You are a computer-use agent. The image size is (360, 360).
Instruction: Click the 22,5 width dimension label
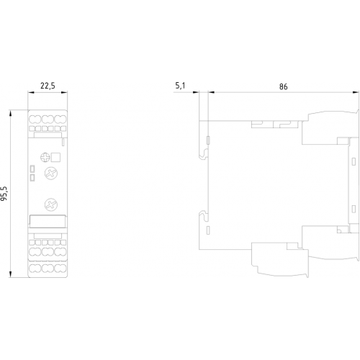click(x=48, y=86)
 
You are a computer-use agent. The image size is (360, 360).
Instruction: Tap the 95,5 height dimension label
click(x=4, y=193)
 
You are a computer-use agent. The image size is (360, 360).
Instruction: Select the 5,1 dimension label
click(x=180, y=86)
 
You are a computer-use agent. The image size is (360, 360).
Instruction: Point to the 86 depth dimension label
click(x=283, y=86)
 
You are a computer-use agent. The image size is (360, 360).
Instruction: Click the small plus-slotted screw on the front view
click(x=45, y=158)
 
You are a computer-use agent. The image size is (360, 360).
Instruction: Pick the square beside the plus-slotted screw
click(x=55, y=158)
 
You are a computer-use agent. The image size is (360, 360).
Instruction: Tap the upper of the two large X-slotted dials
click(x=51, y=174)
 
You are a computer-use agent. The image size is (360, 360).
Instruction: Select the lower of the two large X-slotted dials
click(x=51, y=204)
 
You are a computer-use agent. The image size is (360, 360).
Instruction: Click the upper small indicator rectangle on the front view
click(x=32, y=168)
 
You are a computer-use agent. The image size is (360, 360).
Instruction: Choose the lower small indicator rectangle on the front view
click(x=32, y=178)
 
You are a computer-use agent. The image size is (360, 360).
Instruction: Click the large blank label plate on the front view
click(x=48, y=221)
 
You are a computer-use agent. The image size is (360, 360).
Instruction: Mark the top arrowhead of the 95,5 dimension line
click(x=10, y=113)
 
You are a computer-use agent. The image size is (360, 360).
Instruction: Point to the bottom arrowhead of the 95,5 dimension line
click(x=10, y=274)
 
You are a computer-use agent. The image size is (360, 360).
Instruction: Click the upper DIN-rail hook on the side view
click(x=204, y=153)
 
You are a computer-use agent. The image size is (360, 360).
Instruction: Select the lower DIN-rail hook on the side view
click(x=204, y=215)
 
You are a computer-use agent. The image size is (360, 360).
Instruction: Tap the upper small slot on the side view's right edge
click(x=354, y=161)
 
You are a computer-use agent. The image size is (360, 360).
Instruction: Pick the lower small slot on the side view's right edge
click(x=354, y=209)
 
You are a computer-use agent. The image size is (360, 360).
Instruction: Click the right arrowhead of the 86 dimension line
click(x=356, y=92)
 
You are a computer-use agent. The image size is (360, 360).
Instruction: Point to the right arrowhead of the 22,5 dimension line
click(x=64, y=92)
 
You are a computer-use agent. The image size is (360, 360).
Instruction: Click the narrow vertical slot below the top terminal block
click(x=63, y=142)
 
